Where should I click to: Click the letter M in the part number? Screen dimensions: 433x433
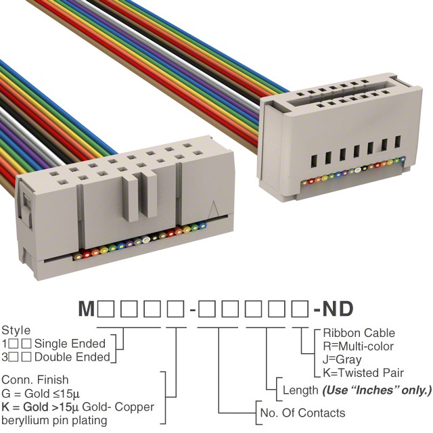87,309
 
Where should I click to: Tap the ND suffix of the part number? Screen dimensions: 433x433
338,309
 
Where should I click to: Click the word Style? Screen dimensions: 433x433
16,331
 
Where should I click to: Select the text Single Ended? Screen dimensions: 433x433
70,344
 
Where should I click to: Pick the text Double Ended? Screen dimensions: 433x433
72,357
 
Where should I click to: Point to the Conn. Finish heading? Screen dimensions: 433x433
35,380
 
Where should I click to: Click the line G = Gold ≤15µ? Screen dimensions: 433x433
41,393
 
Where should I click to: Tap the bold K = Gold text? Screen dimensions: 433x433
25,407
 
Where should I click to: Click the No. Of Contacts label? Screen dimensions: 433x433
302,413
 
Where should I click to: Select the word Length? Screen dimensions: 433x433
300,390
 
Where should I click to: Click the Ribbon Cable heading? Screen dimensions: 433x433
359,333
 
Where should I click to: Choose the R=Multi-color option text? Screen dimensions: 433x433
358,346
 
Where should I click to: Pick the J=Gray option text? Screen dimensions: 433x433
342,359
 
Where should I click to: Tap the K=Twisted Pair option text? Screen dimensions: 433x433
363,373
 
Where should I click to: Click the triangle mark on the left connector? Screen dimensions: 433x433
214,209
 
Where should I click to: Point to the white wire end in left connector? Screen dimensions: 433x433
146,240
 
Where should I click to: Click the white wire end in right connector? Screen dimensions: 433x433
358,170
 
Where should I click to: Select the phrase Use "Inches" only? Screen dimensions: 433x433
377,390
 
